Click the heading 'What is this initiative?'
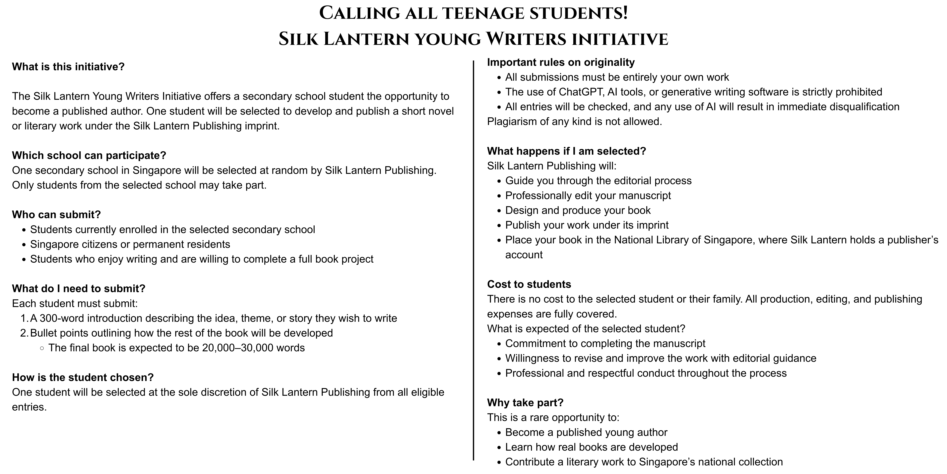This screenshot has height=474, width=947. [x=68, y=67]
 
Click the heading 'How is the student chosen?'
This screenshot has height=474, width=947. [x=83, y=378]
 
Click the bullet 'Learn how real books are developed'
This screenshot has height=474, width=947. [x=591, y=447]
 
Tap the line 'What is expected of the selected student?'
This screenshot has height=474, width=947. [x=586, y=329]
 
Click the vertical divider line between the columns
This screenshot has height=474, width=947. [x=473, y=258]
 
